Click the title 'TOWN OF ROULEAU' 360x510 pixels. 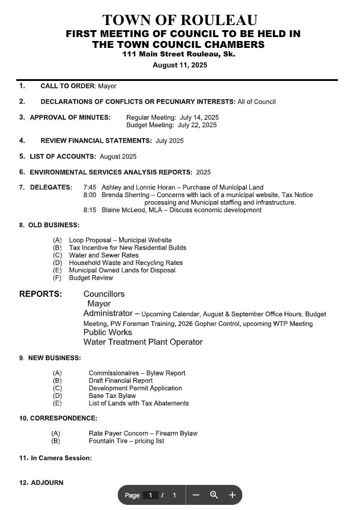[179, 21]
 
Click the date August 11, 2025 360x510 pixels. [179, 65]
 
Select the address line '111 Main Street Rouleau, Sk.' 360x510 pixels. [179, 54]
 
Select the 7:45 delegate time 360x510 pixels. [89, 187]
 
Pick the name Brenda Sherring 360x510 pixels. [125, 195]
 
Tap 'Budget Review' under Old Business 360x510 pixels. [91, 278]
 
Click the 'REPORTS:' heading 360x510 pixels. [40, 294]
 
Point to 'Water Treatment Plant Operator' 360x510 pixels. [143, 342]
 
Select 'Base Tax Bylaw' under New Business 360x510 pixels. [112, 395]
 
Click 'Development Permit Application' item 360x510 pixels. [136, 388]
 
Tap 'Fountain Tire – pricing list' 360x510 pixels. [126, 441]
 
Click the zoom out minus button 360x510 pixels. [196, 495]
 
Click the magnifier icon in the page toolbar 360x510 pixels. [214, 495]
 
